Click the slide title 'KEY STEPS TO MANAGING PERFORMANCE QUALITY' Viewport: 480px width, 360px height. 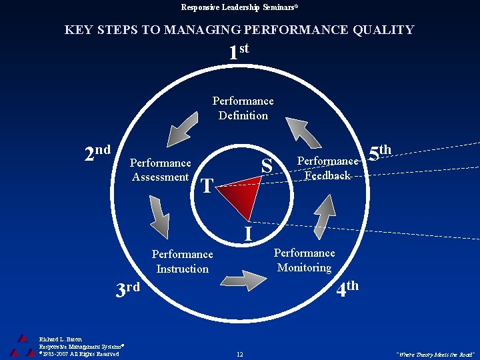(x=239, y=30)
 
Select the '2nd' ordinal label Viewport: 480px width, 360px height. (x=97, y=153)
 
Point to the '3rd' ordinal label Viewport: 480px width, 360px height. (x=127, y=289)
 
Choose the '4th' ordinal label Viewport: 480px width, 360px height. (x=347, y=289)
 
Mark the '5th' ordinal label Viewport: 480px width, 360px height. (x=379, y=152)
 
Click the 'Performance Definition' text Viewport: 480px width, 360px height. (x=243, y=108)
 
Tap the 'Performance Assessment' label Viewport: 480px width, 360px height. (x=160, y=170)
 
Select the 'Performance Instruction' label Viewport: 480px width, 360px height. (x=182, y=261)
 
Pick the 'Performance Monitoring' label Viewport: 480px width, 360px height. (x=304, y=260)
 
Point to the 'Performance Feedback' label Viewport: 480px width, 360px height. (x=327, y=168)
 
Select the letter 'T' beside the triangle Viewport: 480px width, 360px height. (x=207, y=186)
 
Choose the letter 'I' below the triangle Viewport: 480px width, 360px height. (x=247, y=234)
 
